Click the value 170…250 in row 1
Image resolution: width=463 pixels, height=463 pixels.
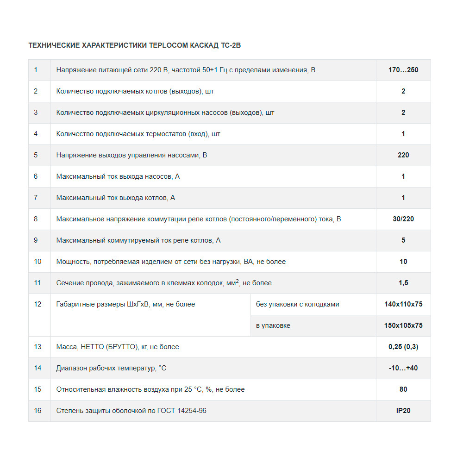click(x=403, y=70)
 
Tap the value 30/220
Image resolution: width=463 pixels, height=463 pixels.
click(x=403, y=219)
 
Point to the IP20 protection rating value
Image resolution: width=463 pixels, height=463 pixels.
click(x=403, y=411)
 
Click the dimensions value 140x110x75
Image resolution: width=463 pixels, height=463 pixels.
click(x=403, y=304)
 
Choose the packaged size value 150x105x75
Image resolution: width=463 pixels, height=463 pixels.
click(x=403, y=325)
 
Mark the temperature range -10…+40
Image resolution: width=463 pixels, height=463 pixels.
click(x=403, y=368)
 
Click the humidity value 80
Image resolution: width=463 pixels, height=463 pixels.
click(x=403, y=389)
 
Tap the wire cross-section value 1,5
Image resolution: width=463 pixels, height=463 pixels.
click(x=403, y=283)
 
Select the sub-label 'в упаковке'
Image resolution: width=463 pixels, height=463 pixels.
click(x=273, y=325)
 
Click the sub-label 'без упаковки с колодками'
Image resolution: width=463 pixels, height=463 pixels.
click(x=297, y=304)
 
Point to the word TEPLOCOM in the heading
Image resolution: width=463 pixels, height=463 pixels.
click(x=169, y=45)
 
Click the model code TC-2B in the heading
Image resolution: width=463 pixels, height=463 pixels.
click(x=231, y=45)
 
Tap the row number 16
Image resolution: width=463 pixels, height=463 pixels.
click(x=38, y=411)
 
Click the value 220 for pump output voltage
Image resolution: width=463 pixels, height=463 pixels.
click(x=403, y=155)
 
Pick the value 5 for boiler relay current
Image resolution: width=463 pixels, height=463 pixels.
click(x=403, y=240)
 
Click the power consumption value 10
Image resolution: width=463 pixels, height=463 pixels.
click(x=403, y=262)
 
